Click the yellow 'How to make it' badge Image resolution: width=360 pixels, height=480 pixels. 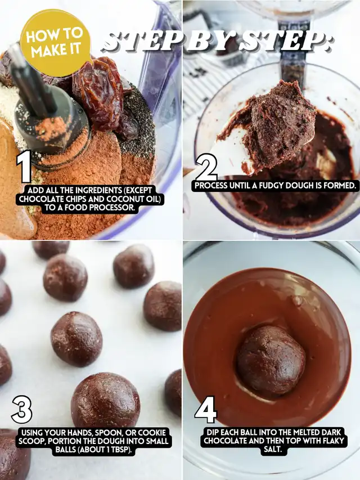tap(55, 43)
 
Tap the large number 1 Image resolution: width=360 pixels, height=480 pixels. tap(25, 166)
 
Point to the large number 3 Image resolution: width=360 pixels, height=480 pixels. tap(22, 409)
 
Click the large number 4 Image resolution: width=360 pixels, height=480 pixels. tap(205, 410)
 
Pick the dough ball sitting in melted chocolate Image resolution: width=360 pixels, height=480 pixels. tap(271, 360)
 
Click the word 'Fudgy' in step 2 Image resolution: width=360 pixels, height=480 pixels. tap(273, 186)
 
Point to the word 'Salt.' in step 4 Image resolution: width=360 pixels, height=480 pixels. tap(272, 450)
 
